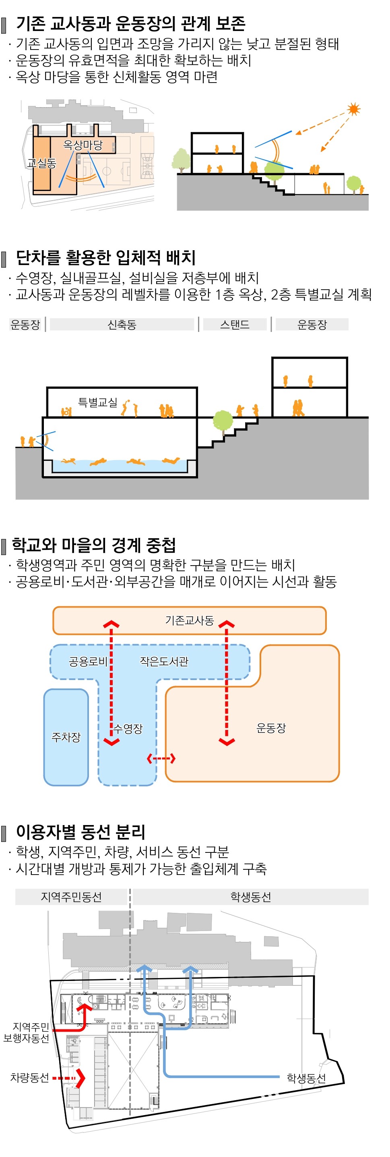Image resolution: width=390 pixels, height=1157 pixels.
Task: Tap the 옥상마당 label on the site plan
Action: pyautogui.click(x=83, y=145)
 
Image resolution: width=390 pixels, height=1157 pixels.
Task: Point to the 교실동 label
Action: pyautogui.click(x=41, y=163)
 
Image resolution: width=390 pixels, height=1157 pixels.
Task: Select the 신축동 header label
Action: pyautogui.click(x=122, y=324)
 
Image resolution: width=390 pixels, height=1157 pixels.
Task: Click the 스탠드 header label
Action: pyautogui.click(x=234, y=324)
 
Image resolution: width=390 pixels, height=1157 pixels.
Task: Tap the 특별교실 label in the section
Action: pyautogui.click(x=97, y=402)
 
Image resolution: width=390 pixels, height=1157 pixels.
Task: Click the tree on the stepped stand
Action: pyautogui.click(x=223, y=422)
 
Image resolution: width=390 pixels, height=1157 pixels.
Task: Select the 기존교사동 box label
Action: pyautogui.click(x=190, y=620)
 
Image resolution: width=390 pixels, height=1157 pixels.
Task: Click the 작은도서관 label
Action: pyautogui.click(x=164, y=661)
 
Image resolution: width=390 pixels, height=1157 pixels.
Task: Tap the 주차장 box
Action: pyautogui.click(x=66, y=737)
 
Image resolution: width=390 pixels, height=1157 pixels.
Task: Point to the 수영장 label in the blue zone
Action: pyautogui.click(x=128, y=728)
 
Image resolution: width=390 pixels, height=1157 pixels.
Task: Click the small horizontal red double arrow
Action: pyautogui.click(x=161, y=759)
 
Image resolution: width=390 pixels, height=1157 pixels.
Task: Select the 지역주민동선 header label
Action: pyautogui.click(x=71, y=896)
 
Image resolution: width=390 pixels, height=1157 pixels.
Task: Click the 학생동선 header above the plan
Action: pyautogui.click(x=250, y=896)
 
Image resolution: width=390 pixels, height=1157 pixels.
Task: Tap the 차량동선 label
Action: pyautogui.click(x=30, y=1078)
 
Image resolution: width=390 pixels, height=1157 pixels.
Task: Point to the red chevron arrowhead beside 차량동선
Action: pyautogui.click(x=80, y=1078)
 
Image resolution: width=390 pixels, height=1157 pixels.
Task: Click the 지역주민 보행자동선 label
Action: pyautogui.click(x=27, y=1032)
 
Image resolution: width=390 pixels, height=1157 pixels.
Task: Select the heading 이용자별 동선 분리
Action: pyautogui.click(x=81, y=832)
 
